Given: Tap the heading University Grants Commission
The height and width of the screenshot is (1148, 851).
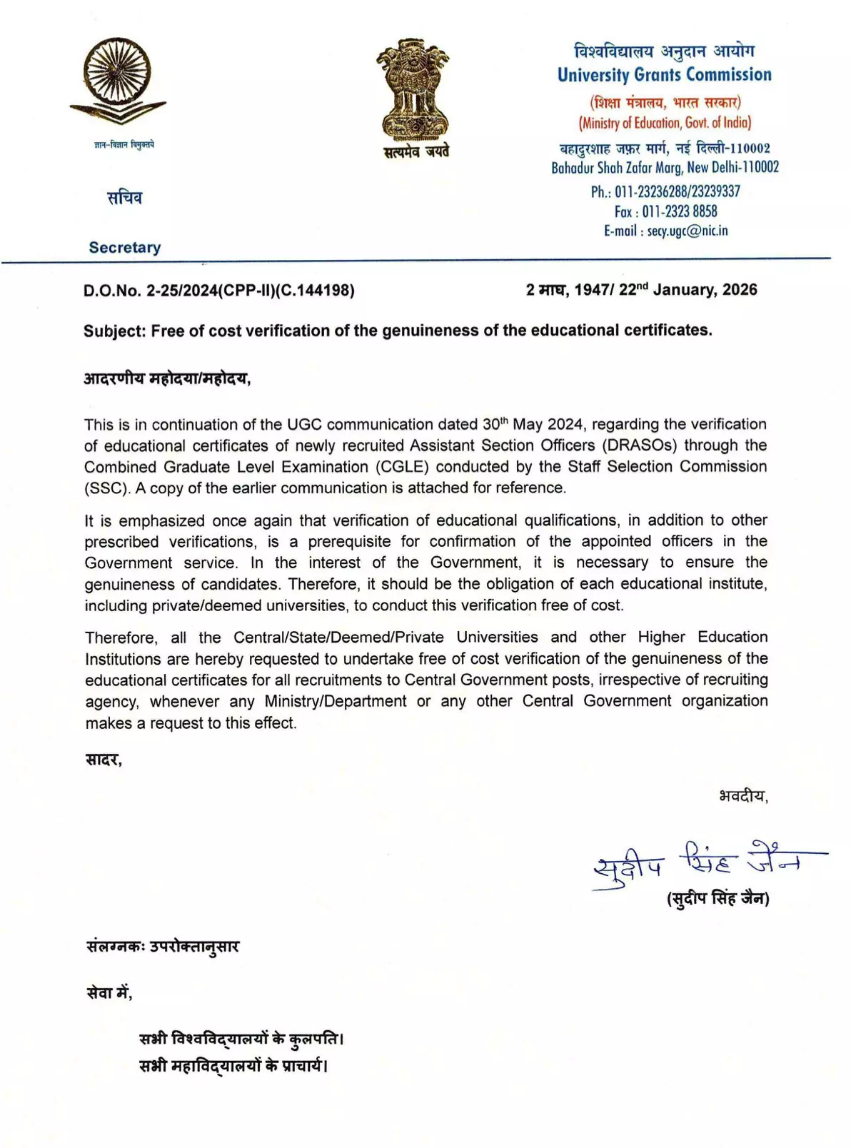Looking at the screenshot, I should point(664,75).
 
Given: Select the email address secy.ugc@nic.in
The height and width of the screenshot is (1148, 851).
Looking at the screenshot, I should point(688,231).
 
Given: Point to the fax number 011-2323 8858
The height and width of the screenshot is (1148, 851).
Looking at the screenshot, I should point(680,211).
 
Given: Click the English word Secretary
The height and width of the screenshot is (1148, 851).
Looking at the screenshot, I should point(125,248).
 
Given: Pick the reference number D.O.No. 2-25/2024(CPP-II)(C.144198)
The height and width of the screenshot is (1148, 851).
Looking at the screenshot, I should point(218,291).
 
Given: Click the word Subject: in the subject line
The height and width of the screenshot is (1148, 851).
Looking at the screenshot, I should point(115,331).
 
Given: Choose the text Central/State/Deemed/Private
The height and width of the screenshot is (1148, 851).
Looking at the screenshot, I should point(338,638).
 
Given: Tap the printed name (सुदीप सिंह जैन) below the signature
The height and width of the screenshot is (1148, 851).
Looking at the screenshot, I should point(717,899).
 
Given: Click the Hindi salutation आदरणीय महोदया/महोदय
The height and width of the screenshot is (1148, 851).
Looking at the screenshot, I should point(166,378).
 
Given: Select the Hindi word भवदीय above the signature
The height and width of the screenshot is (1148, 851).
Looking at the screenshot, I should point(742,795).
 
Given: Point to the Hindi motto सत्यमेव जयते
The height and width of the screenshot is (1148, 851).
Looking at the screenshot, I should point(416,151).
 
